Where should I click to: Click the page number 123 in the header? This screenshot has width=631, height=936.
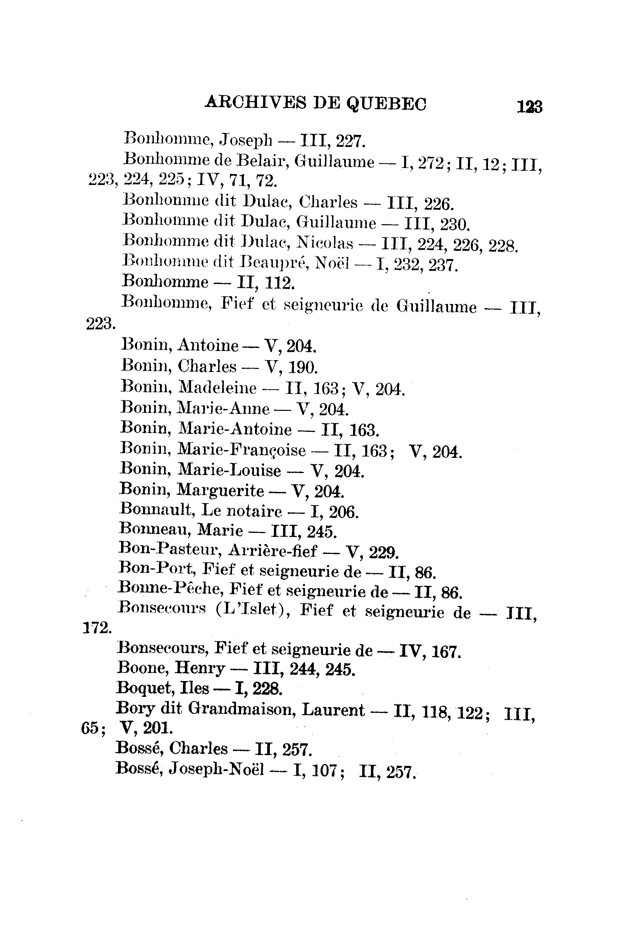click(x=530, y=108)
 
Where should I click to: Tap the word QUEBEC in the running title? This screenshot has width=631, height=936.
click(x=386, y=104)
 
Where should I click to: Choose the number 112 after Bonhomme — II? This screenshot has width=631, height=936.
click(x=280, y=283)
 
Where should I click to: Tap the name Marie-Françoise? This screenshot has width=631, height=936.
click(x=241, y=450)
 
